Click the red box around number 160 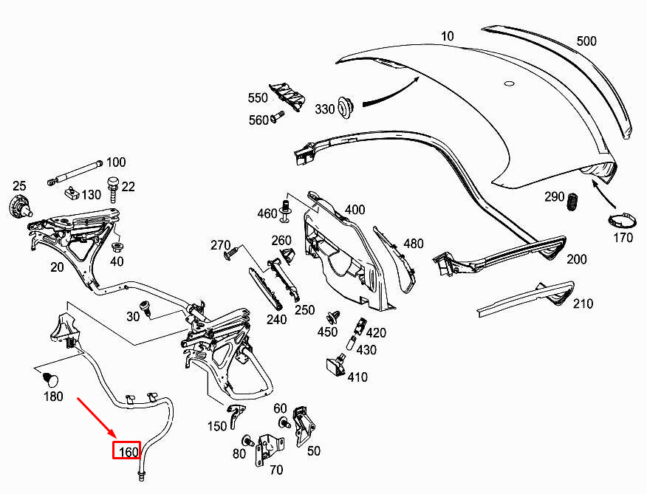tap(127, 450)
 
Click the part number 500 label tap(586, 41)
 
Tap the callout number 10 tap(448, 36)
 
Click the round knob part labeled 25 tap(20, 205)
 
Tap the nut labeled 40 tap(117, 247)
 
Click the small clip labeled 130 tap(72, 192)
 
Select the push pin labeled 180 tap(51, 380)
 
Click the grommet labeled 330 tap(345, 107)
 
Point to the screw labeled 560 tap(277, 117)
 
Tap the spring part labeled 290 tap(572, 202)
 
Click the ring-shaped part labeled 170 tap(622, 220)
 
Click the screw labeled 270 tap(232, 253)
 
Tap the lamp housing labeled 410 tap(336, 366)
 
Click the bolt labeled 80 tap(248, 440)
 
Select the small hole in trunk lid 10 tap(510, 83)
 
